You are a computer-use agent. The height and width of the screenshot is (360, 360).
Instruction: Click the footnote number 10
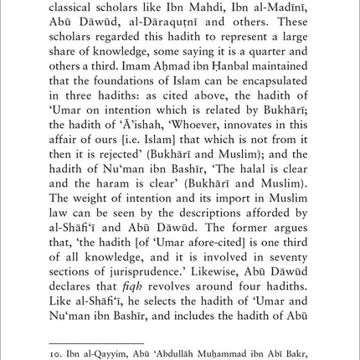(57, 353)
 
